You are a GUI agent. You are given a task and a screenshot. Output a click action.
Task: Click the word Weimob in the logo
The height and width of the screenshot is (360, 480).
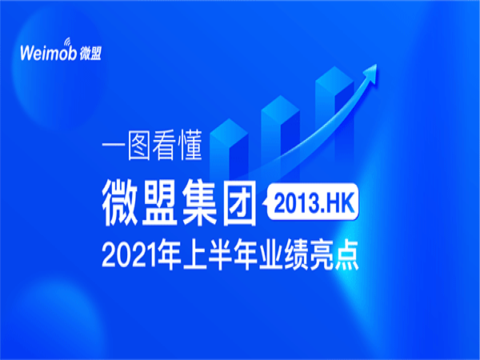click(48, 54)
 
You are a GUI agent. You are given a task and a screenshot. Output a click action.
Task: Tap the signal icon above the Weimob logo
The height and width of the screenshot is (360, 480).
click(67, 42)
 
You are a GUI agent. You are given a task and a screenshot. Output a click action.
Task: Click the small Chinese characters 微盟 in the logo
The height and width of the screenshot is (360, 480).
click(90, 54)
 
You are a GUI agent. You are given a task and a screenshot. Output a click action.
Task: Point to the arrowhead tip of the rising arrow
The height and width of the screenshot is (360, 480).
click(376, 65)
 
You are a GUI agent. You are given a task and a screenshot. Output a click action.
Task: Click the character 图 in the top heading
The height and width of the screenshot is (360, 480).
click(139, 146)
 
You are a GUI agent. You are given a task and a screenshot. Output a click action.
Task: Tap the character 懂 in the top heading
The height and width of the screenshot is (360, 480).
click(190, 146)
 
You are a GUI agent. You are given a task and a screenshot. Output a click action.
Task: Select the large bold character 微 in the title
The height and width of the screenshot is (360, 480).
click(120, 202)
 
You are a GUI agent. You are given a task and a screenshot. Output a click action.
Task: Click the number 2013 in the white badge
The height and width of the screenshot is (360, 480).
click(295, 203)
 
